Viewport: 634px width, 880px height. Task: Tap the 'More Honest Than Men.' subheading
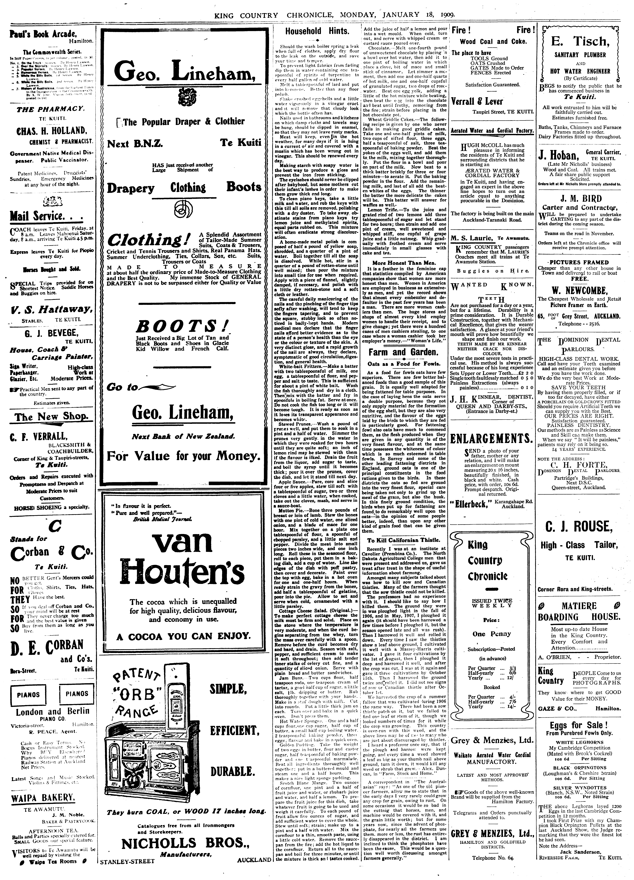(404, 263)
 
